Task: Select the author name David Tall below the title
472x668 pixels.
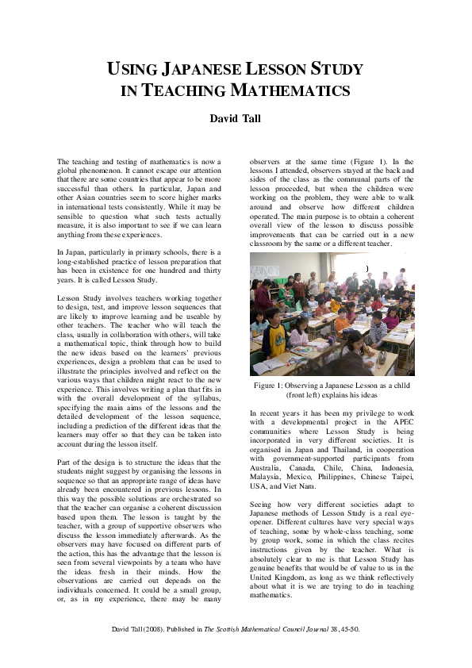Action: pyautogui.click(x=236, y=119)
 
